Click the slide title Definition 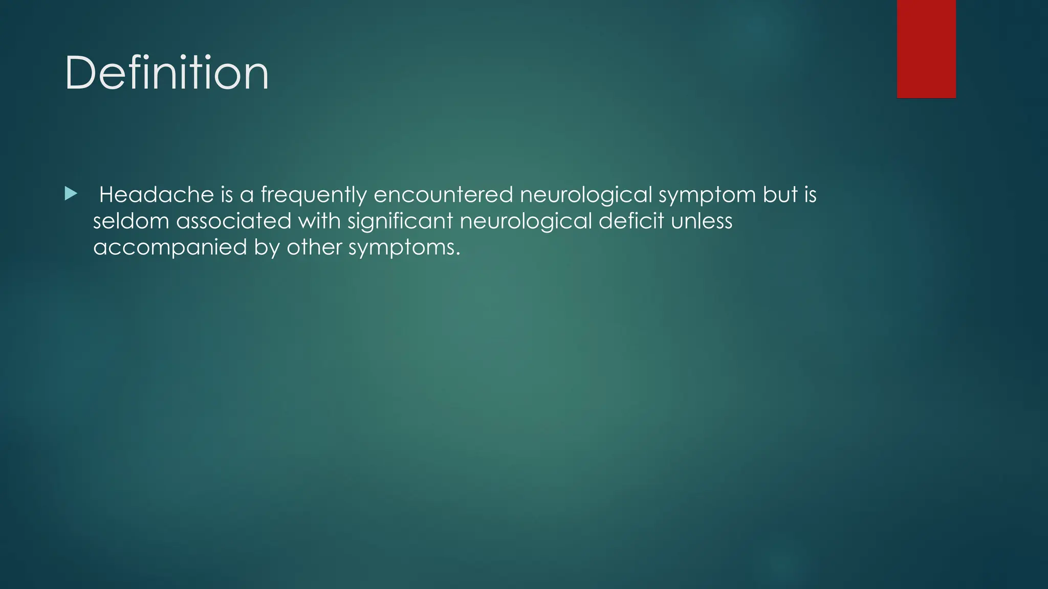click(166, 73)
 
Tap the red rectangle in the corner click(926, 49)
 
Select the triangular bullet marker click(71, 193)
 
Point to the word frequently click(314, 195)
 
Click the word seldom click(131, 221)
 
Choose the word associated click(234, 221)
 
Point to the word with click(319, 221)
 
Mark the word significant click(400, 221)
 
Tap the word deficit click(631, 221)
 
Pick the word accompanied click(170, 248)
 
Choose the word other click(314, 247)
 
